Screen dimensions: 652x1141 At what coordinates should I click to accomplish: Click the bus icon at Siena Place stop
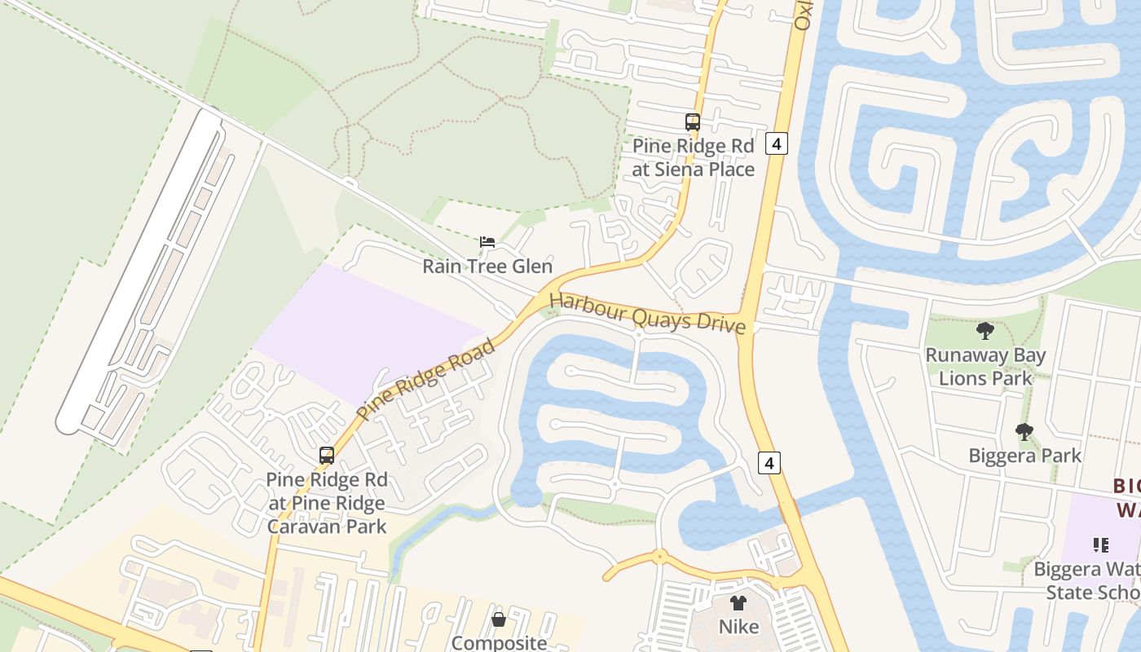(692, 122)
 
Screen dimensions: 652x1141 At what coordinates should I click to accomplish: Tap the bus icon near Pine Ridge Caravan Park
(327, 456)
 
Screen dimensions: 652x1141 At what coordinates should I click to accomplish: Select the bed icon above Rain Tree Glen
(487, 242)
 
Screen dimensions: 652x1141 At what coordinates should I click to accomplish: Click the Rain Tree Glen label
(487, 267)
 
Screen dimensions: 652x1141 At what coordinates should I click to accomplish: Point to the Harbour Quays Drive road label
(648, 313)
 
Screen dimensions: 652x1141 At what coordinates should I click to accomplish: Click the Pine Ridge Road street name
(426, 380)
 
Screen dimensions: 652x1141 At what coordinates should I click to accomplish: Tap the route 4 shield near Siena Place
(777, 144)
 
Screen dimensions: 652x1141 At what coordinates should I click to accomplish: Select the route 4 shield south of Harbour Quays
(769, 463)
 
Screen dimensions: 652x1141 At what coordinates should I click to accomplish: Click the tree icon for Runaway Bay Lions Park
(985, 331)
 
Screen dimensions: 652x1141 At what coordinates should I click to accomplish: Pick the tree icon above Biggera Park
(1024, 432)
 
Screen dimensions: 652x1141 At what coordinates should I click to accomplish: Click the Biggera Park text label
(1024, 456)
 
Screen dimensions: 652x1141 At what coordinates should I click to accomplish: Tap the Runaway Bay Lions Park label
(985, 367)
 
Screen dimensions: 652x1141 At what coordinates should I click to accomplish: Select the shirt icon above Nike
(738, 604)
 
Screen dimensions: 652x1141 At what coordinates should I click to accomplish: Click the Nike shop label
(738, 627)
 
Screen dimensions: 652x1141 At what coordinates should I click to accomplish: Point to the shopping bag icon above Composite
(499, 620)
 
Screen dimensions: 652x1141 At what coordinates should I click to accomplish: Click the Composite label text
(499, 642)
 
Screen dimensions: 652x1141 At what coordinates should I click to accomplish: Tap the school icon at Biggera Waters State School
(1100, 544)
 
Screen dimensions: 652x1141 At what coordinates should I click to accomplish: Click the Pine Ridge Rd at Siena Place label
(693, 157)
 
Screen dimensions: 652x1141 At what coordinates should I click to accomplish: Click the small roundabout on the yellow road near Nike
(659, 557)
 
